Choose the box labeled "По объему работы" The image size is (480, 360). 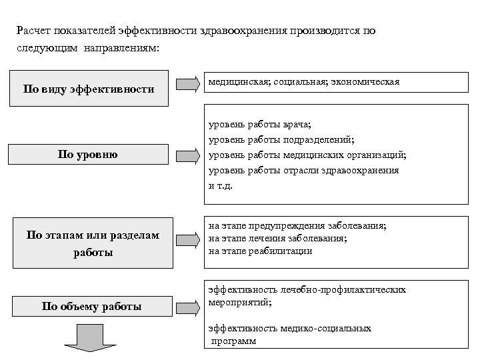point(91,307)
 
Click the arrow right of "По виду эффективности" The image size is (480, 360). point(187,85)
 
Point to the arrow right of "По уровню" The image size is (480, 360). point(187,155)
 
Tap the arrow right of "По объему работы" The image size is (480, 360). point(187,307)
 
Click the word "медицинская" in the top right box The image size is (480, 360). point(234,81)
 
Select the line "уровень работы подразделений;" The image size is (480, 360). point(281,139)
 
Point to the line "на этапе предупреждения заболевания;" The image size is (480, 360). point(297,226)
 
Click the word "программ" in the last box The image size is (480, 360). point(233,341)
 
